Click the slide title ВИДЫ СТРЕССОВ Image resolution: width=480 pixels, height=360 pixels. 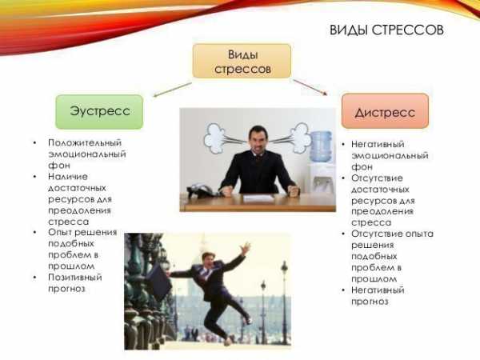[386, 30]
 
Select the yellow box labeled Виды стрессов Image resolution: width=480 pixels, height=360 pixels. [242, 61]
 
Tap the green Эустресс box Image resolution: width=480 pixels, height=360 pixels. [99, 112]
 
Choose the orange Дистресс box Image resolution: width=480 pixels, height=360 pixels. [385, 111]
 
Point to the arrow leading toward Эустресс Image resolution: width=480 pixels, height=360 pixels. [172, 90]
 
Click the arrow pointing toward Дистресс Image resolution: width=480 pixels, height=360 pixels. [310, 87]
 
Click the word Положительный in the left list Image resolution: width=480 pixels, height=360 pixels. [85, 143]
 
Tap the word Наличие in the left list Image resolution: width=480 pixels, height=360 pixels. [68, 177]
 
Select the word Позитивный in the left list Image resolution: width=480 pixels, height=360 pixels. [75, 278]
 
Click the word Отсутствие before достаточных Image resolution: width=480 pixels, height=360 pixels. [377, 178]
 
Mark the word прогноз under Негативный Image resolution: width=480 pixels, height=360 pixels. [370, 302]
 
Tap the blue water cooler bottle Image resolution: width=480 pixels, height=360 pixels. [321, 146]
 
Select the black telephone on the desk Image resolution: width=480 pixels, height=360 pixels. [201, 190]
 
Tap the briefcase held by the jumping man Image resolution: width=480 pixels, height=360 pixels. [158, 282]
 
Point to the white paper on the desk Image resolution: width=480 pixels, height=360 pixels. [258, 198]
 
